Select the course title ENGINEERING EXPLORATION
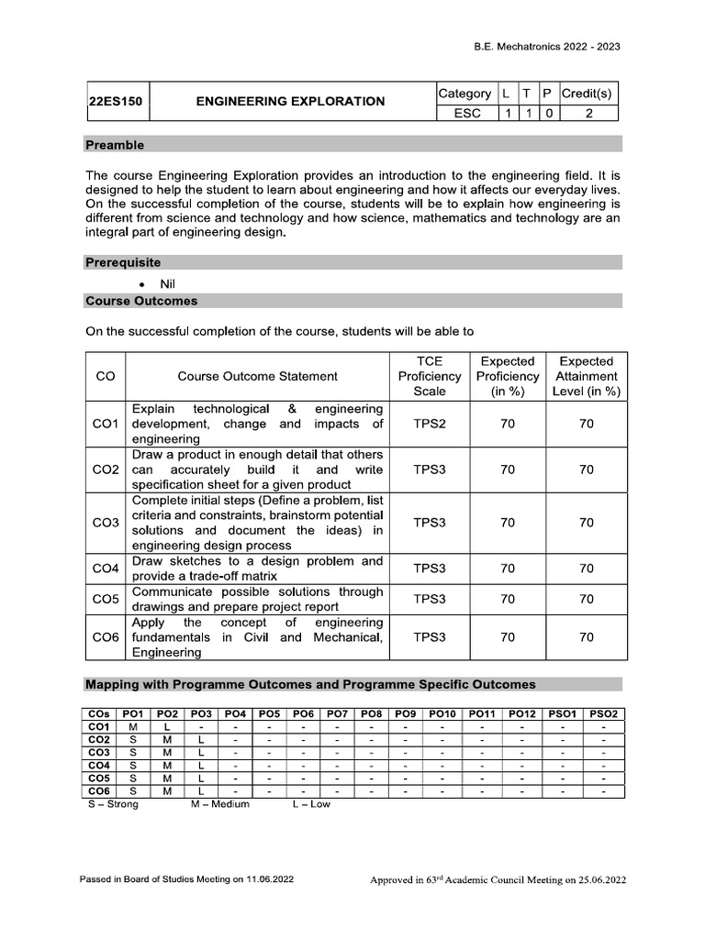tap(290, 102)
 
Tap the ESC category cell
tap(467, 113)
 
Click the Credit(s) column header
tap(587, 94)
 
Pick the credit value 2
tap(587, 113)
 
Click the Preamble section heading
tap(115, 145)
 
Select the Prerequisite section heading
tap(123, 262)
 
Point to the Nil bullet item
tap(167, 284)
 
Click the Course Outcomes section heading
tap(140, 301)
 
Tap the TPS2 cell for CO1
tap(430, 424)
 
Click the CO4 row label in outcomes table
tap(106, 569)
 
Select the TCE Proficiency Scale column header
tap(430, 376)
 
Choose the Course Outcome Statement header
tap(257, 376)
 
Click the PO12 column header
tap(523, 713)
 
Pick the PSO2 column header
tap(604, 713)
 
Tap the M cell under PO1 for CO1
tap(133, 726)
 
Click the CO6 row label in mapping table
tap(98, 790)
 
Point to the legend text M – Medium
tap(219, 804)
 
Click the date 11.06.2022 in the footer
tap(270, 879)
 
